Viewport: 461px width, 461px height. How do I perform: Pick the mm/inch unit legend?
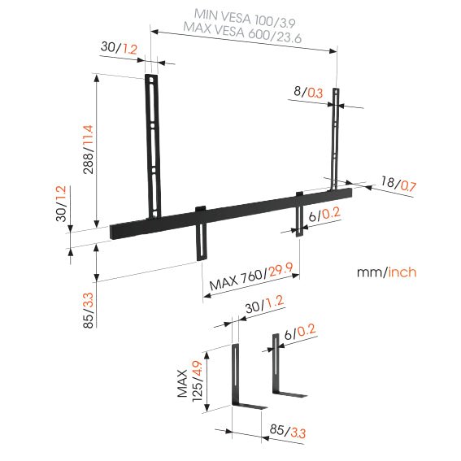click(387, 272)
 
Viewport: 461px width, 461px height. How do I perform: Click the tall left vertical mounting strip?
click(153, 146)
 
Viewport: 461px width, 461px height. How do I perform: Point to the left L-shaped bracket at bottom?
click(242, 382)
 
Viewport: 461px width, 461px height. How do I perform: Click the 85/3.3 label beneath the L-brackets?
click(281, 429)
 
